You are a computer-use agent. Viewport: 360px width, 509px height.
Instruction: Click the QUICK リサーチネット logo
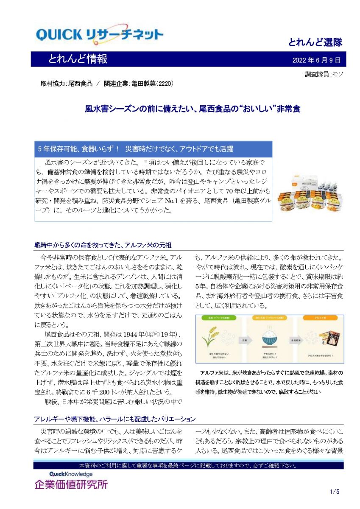[x=100, y=34]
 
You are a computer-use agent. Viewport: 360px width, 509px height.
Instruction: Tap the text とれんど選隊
[x=315, y=42]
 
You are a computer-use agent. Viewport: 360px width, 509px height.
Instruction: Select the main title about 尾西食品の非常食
[x=192, y=109]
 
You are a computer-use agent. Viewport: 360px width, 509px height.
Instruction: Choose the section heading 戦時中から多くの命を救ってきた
[x=103, y=245]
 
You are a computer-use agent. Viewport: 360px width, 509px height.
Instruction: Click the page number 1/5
[x=334, y=492]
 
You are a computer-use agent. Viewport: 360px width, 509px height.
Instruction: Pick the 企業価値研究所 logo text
[x=71, y=484]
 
